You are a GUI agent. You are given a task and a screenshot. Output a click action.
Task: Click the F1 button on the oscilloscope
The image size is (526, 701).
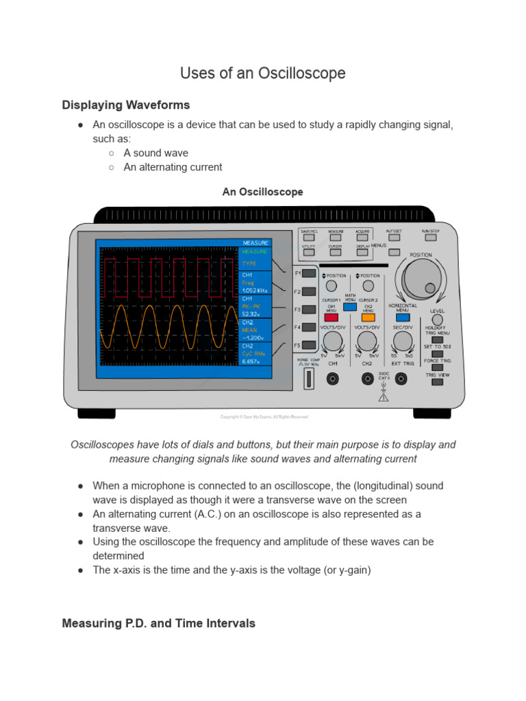309,273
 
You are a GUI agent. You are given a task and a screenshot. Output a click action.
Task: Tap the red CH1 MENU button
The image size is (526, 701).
331,318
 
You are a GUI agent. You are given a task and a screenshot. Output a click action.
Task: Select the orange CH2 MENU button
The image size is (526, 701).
368,318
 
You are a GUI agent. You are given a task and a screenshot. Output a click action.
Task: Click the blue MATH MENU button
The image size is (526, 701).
350,307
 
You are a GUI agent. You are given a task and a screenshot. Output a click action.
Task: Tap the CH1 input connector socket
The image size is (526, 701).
333,378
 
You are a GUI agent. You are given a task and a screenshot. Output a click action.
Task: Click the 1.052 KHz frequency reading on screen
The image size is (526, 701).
254,290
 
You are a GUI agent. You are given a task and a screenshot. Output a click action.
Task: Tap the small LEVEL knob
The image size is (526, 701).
437,320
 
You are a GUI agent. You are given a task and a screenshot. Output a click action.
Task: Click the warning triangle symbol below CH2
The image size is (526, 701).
383,396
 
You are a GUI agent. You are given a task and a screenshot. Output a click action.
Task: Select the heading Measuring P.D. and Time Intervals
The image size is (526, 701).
158,623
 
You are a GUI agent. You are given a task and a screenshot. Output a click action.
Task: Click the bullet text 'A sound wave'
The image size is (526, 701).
155,153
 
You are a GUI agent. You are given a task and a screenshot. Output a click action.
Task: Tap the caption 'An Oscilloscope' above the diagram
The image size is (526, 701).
262,192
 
